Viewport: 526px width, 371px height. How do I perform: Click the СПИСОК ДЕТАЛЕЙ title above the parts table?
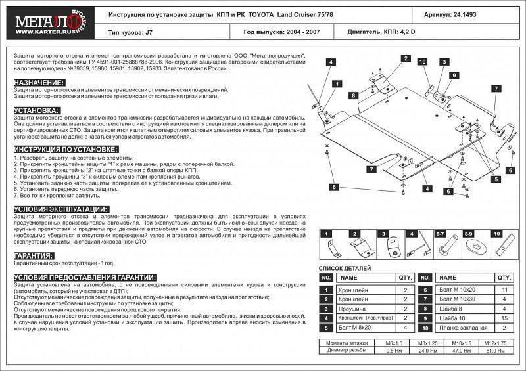point(345,269)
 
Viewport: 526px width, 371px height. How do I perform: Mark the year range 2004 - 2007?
point(296,31)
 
